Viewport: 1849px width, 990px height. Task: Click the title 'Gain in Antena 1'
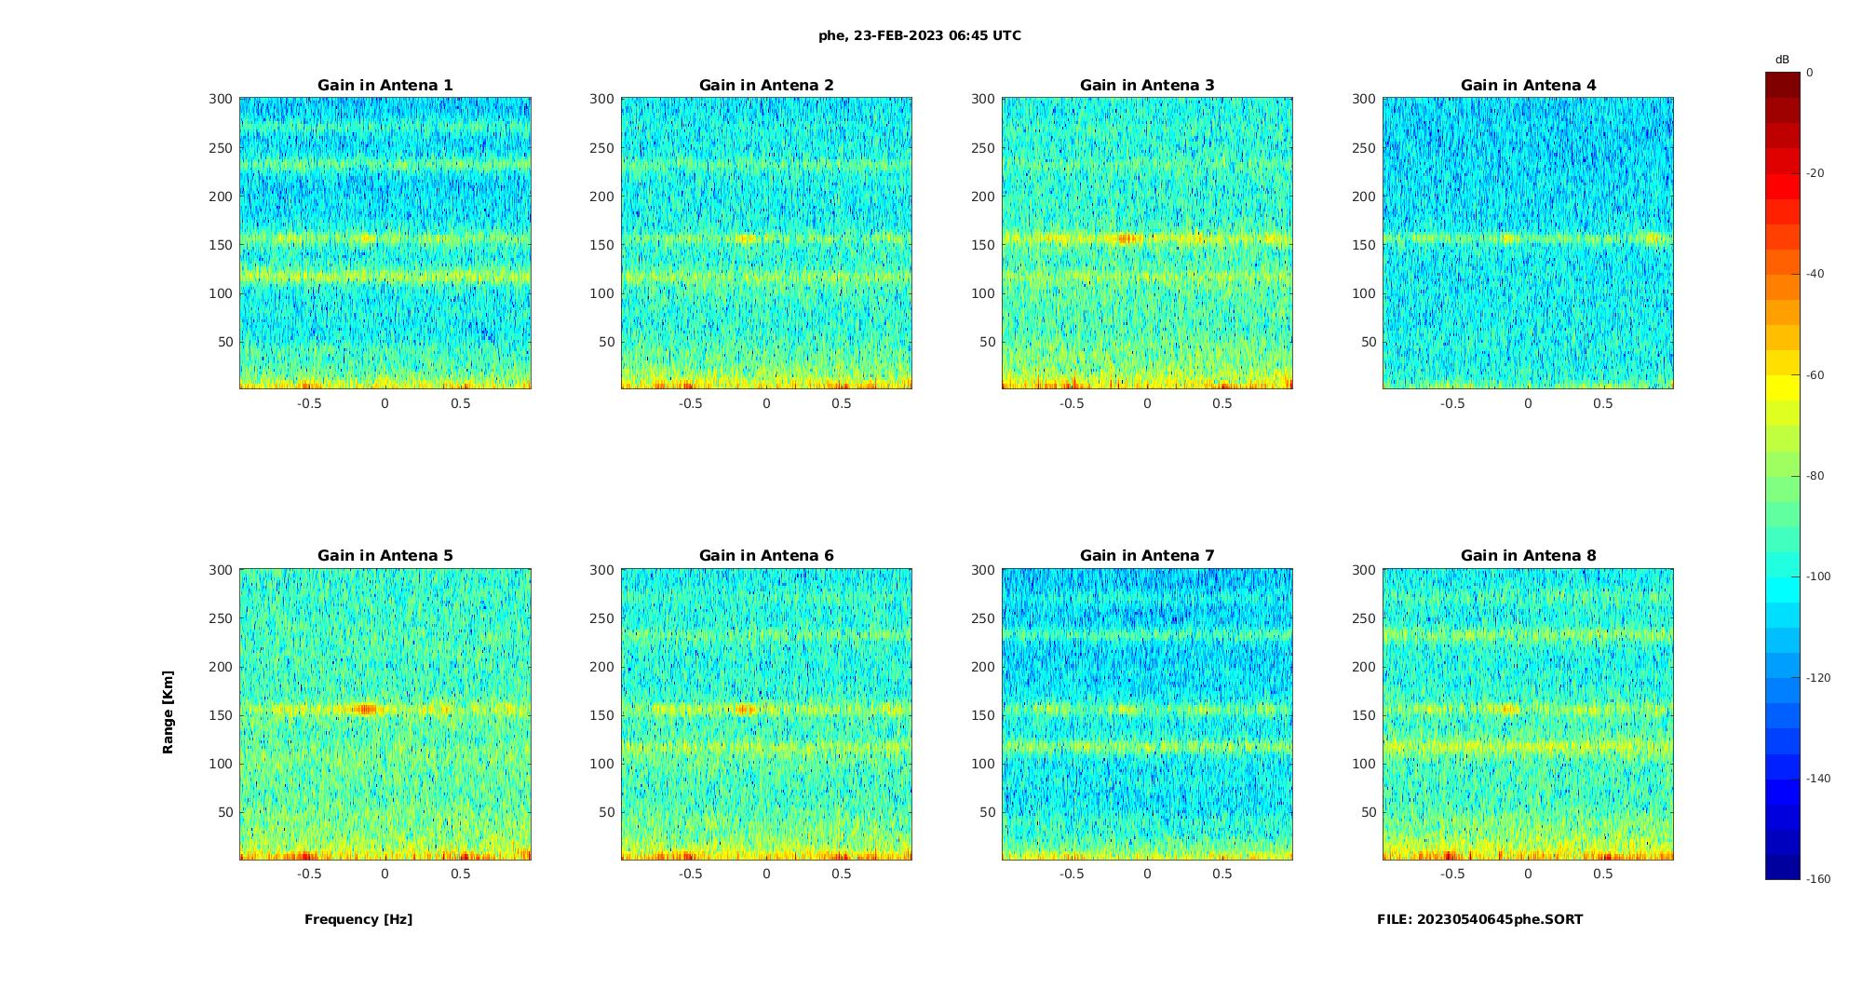[x=385, y=86]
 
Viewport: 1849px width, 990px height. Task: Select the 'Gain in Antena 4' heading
[x=1528, y=86]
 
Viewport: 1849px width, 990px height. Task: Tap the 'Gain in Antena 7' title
[x=1147, y=556]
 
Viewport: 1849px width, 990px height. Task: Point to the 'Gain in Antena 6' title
[x=766, y=556]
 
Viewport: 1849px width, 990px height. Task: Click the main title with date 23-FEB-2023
[x=920, y=36]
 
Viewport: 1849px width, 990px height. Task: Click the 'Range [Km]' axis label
[x=169, y=712]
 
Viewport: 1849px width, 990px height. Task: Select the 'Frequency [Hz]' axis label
[x=358, y=919]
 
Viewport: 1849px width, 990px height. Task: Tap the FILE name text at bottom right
[x=1479, y=919]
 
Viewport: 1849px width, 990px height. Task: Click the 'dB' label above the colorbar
[x=1782, y=60]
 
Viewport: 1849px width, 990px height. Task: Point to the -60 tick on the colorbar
[x=1815, y=375]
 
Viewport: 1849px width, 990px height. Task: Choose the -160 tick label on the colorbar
[x=1817, y=879]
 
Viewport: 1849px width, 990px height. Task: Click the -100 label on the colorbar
[x=1817, y=576]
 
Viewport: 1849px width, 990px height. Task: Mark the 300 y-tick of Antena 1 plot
[x=220, y=99]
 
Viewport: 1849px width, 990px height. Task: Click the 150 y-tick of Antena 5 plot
[x=220, y=715]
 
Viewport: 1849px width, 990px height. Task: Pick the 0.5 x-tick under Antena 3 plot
[x=1221, y=403]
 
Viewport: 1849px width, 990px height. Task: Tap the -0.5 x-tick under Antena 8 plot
[x=1452, y=874]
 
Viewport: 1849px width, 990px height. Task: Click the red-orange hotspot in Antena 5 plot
[x=367, y=709]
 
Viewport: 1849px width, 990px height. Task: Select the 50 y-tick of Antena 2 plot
[x=606, y=342]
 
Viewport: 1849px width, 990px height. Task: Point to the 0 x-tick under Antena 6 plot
[x=766, y=874]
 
